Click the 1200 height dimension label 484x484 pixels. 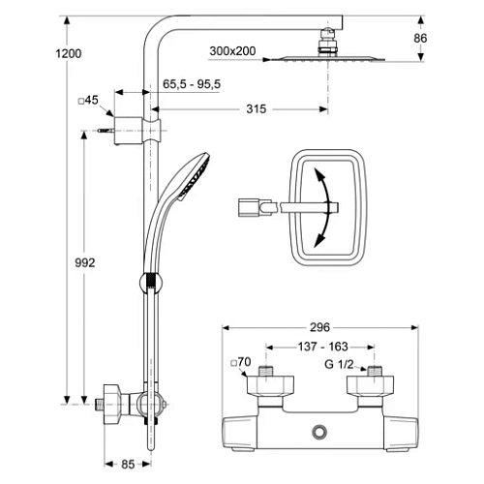click(x=69, y=53)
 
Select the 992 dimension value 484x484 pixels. click(x=85, y=263)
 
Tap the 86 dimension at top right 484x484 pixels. click(x=420, y=38)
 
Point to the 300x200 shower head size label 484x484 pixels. click(x=232, y=51)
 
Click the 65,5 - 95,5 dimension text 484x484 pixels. click(x=192, y=84)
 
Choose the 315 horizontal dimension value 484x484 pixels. click(x=257, y=109)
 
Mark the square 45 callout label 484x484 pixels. click(x=88, y=100)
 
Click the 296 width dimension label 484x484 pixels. click(x=319, y=327)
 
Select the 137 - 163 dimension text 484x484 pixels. click(x=322, y=347)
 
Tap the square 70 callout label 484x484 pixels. click(x=241, y=362)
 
